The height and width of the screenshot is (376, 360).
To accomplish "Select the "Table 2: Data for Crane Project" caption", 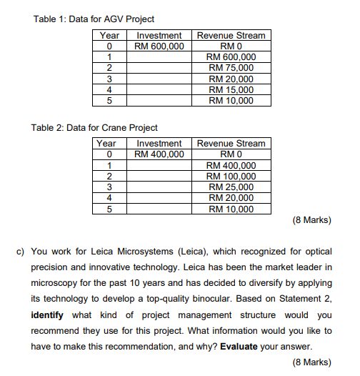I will point(94,128).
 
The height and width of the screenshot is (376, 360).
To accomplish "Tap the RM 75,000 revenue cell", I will point(231,68).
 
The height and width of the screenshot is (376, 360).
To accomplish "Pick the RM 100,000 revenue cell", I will point(231,177).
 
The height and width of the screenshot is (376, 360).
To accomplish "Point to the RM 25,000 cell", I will point(231,187).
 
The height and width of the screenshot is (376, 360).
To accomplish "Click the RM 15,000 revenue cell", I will point(231,89).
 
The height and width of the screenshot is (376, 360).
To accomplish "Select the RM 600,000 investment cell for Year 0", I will point(159,46).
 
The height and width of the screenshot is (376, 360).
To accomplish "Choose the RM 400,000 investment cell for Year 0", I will point(159,154).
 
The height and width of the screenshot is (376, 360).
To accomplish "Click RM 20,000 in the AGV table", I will point(231,79).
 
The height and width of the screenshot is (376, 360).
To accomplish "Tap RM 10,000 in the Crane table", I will point(231,209).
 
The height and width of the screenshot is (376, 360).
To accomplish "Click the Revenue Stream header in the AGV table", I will point(231,35).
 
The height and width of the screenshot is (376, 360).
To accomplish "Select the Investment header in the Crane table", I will point(159,144).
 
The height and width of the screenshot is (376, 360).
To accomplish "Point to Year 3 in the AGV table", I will point(109,79).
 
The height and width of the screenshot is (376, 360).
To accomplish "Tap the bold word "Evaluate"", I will point(239,346).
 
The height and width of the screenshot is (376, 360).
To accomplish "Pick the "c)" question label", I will point(21,252).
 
